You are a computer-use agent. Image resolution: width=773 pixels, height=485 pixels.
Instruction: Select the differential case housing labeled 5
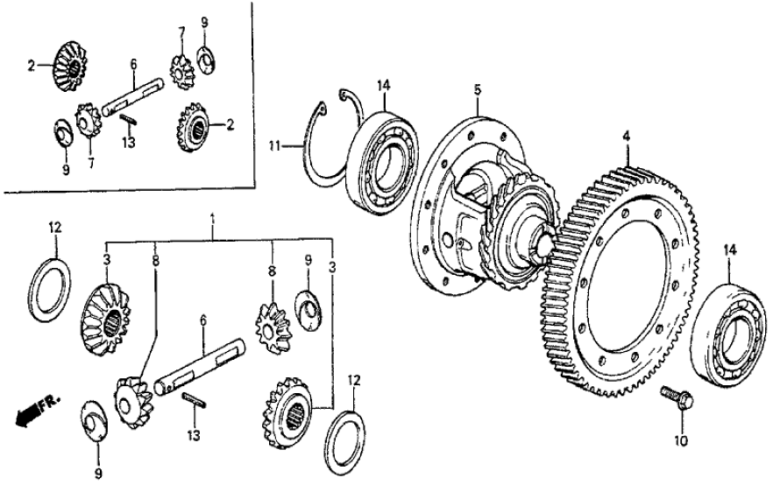pyautogui.click(x=465, y=210)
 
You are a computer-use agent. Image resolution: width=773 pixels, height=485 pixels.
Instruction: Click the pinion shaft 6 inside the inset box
pyautogui.click(x=131, y=96)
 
